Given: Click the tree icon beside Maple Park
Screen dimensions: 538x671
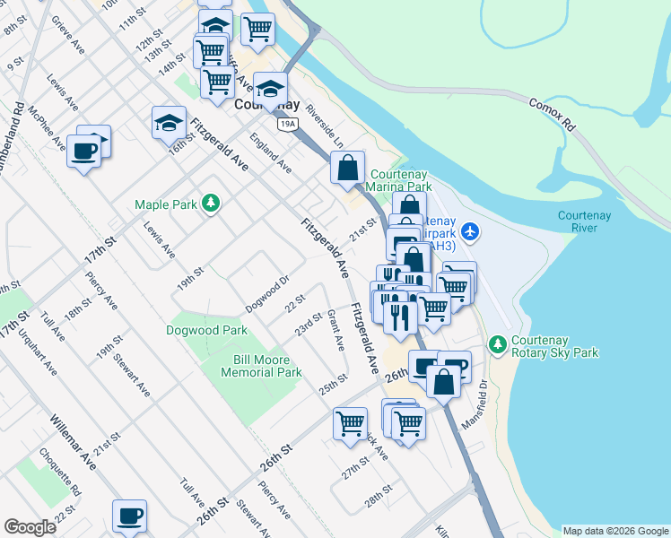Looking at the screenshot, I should (211, 204).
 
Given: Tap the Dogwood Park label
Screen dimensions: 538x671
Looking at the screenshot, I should (206, 330).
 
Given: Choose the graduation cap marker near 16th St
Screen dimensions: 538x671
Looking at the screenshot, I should (168, 123).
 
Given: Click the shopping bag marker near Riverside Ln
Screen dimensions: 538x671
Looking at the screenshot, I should (347, 167).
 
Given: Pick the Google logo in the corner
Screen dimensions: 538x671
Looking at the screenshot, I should (30, 527).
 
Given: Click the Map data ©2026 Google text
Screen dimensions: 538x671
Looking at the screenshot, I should (614, 530).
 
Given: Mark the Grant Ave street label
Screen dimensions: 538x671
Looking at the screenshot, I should (336, 330).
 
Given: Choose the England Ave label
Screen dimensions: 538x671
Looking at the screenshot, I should (271, 153).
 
